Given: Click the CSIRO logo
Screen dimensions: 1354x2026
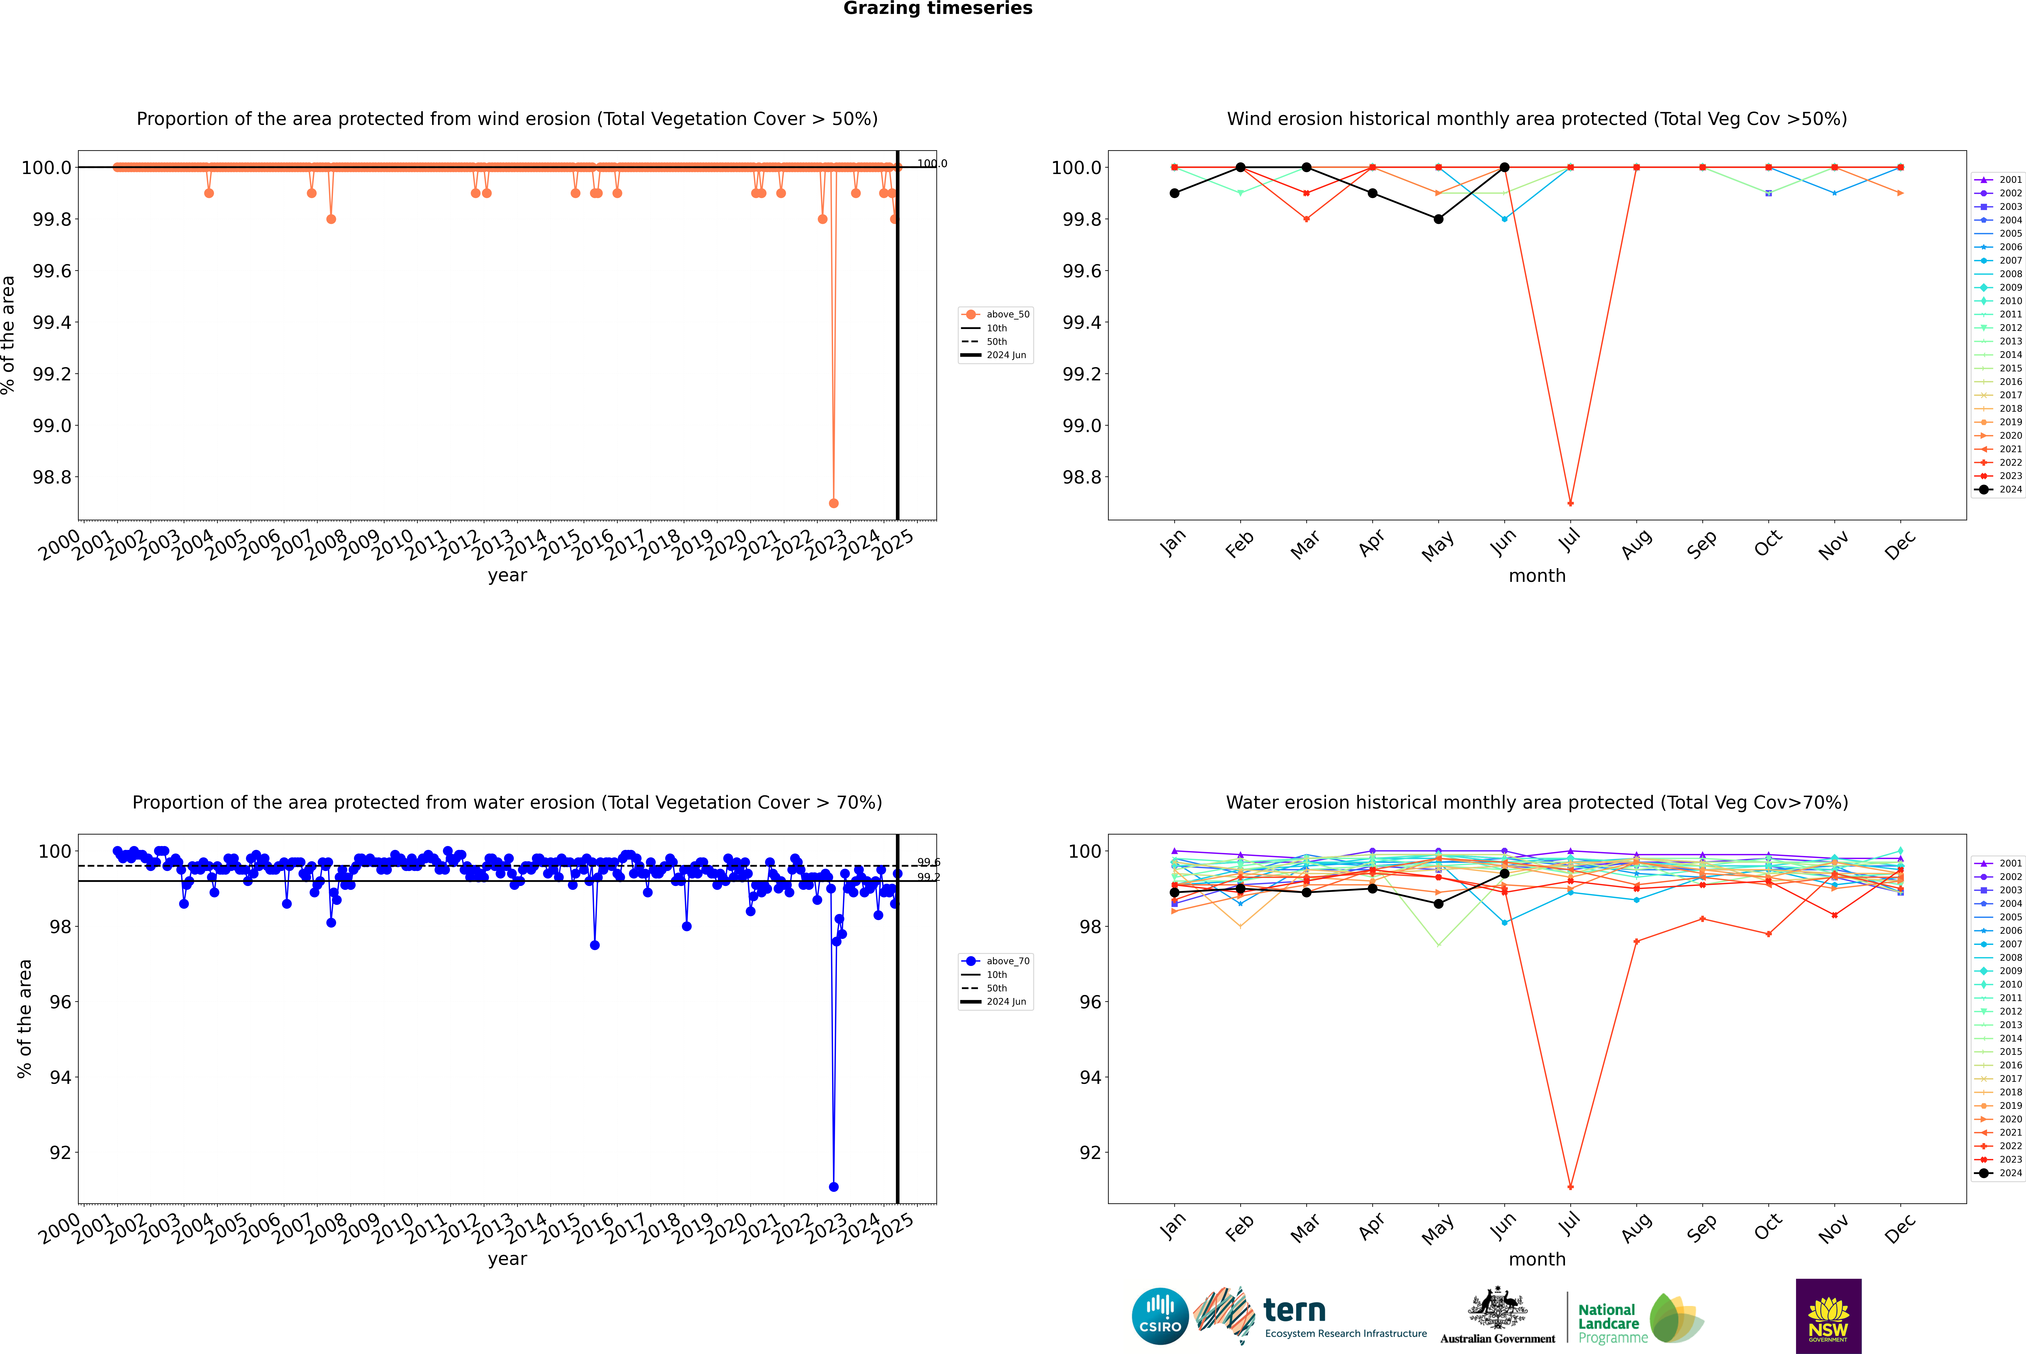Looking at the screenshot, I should pos(1160,1316).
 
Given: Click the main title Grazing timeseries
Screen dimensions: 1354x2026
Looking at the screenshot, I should pos(938,9).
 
